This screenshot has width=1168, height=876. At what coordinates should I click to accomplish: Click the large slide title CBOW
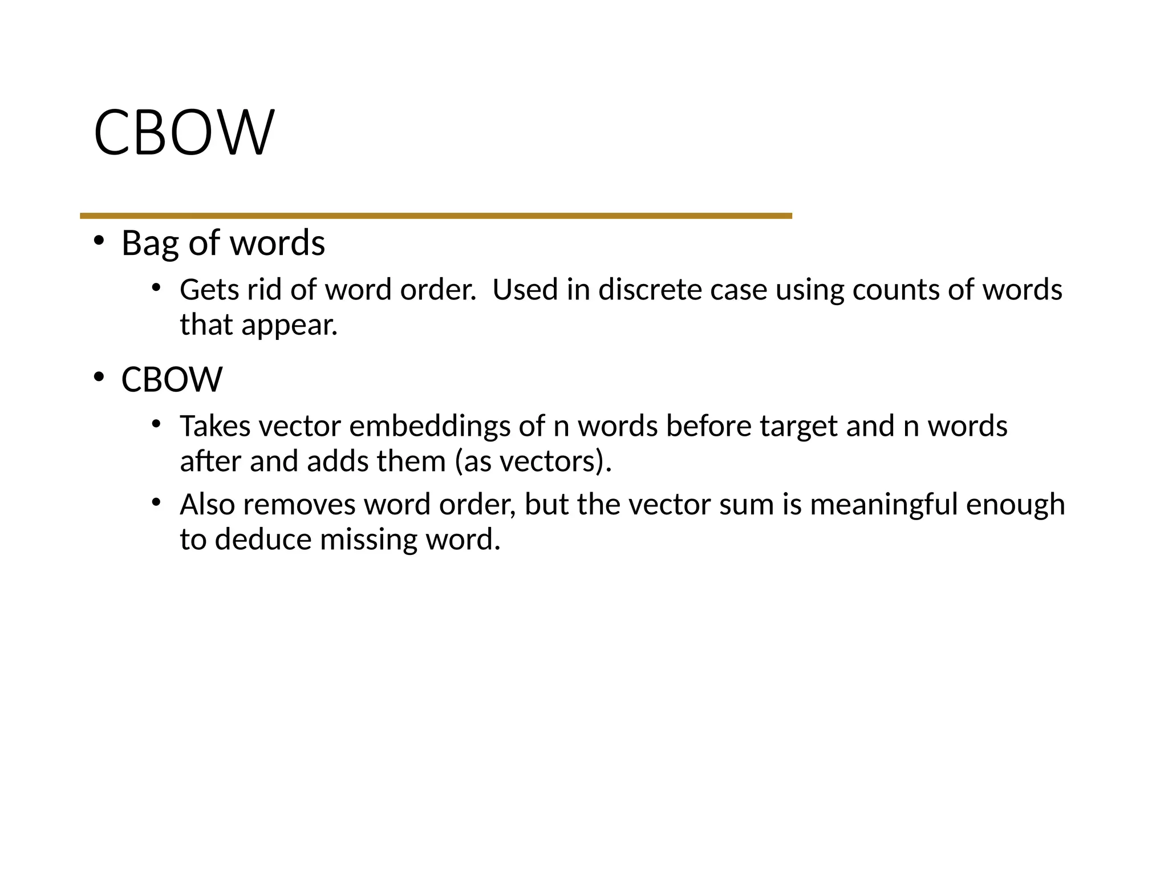coord(184,132)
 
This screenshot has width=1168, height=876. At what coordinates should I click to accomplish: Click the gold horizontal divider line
coord(436,216)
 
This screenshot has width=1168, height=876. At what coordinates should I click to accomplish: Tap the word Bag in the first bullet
coord(149,244)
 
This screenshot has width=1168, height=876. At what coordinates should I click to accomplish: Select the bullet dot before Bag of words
coord(99,241)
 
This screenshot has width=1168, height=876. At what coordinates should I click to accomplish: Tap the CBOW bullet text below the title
coord(172,380)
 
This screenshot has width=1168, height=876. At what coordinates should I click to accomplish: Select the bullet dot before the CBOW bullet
coord(99,377)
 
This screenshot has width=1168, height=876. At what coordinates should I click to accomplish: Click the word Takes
coord(214,426)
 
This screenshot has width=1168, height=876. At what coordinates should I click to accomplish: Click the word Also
coord(207,505)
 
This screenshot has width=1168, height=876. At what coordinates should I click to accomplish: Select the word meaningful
coord(883,505)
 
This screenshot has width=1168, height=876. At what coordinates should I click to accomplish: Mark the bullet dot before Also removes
coord(156,502)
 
